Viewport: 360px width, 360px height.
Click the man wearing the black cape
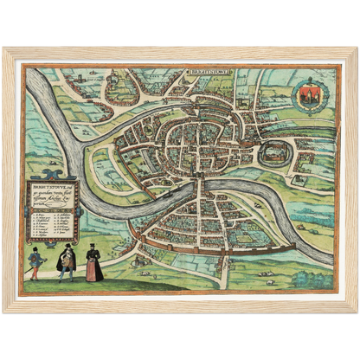pyautogui.click(x=67, y=262)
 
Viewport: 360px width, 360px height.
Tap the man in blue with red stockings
pyautogui.click(x=35, y=261)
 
